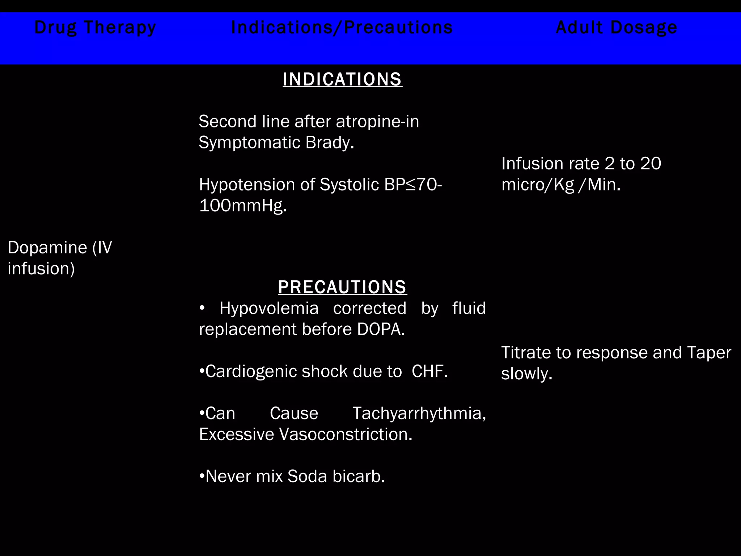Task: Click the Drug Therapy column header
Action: pyautogui.click(x=95, y=28)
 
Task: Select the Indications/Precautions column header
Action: pyautogui.click(x=342, y=28)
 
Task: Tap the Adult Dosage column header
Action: pyautogui.click(x=617, y=28)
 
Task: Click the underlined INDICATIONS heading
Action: pyautogui.click(x=342, y=79)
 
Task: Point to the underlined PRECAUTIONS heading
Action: pyautogui.click(x=342, y=287)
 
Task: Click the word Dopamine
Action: pyautogui.click(x=47, y=248)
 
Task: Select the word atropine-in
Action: pyautogui.click(x=377, y=122)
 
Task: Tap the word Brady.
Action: pyautogui.click(x=330, y=143)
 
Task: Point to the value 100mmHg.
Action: pyautogui.click(x=243, y=206)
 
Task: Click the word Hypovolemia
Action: pyautogui.click(x=269, y=308)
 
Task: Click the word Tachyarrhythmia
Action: pyautogui.click(x=419, y=413)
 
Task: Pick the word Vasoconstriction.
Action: pyautogui.click(x=345, y=434)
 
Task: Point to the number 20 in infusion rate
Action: pyautogui.click(x=651, y=164)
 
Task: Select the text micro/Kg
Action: pyautogui.click(x=538, y=185)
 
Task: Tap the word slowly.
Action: pyautogui.click(x=526, y=374)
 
